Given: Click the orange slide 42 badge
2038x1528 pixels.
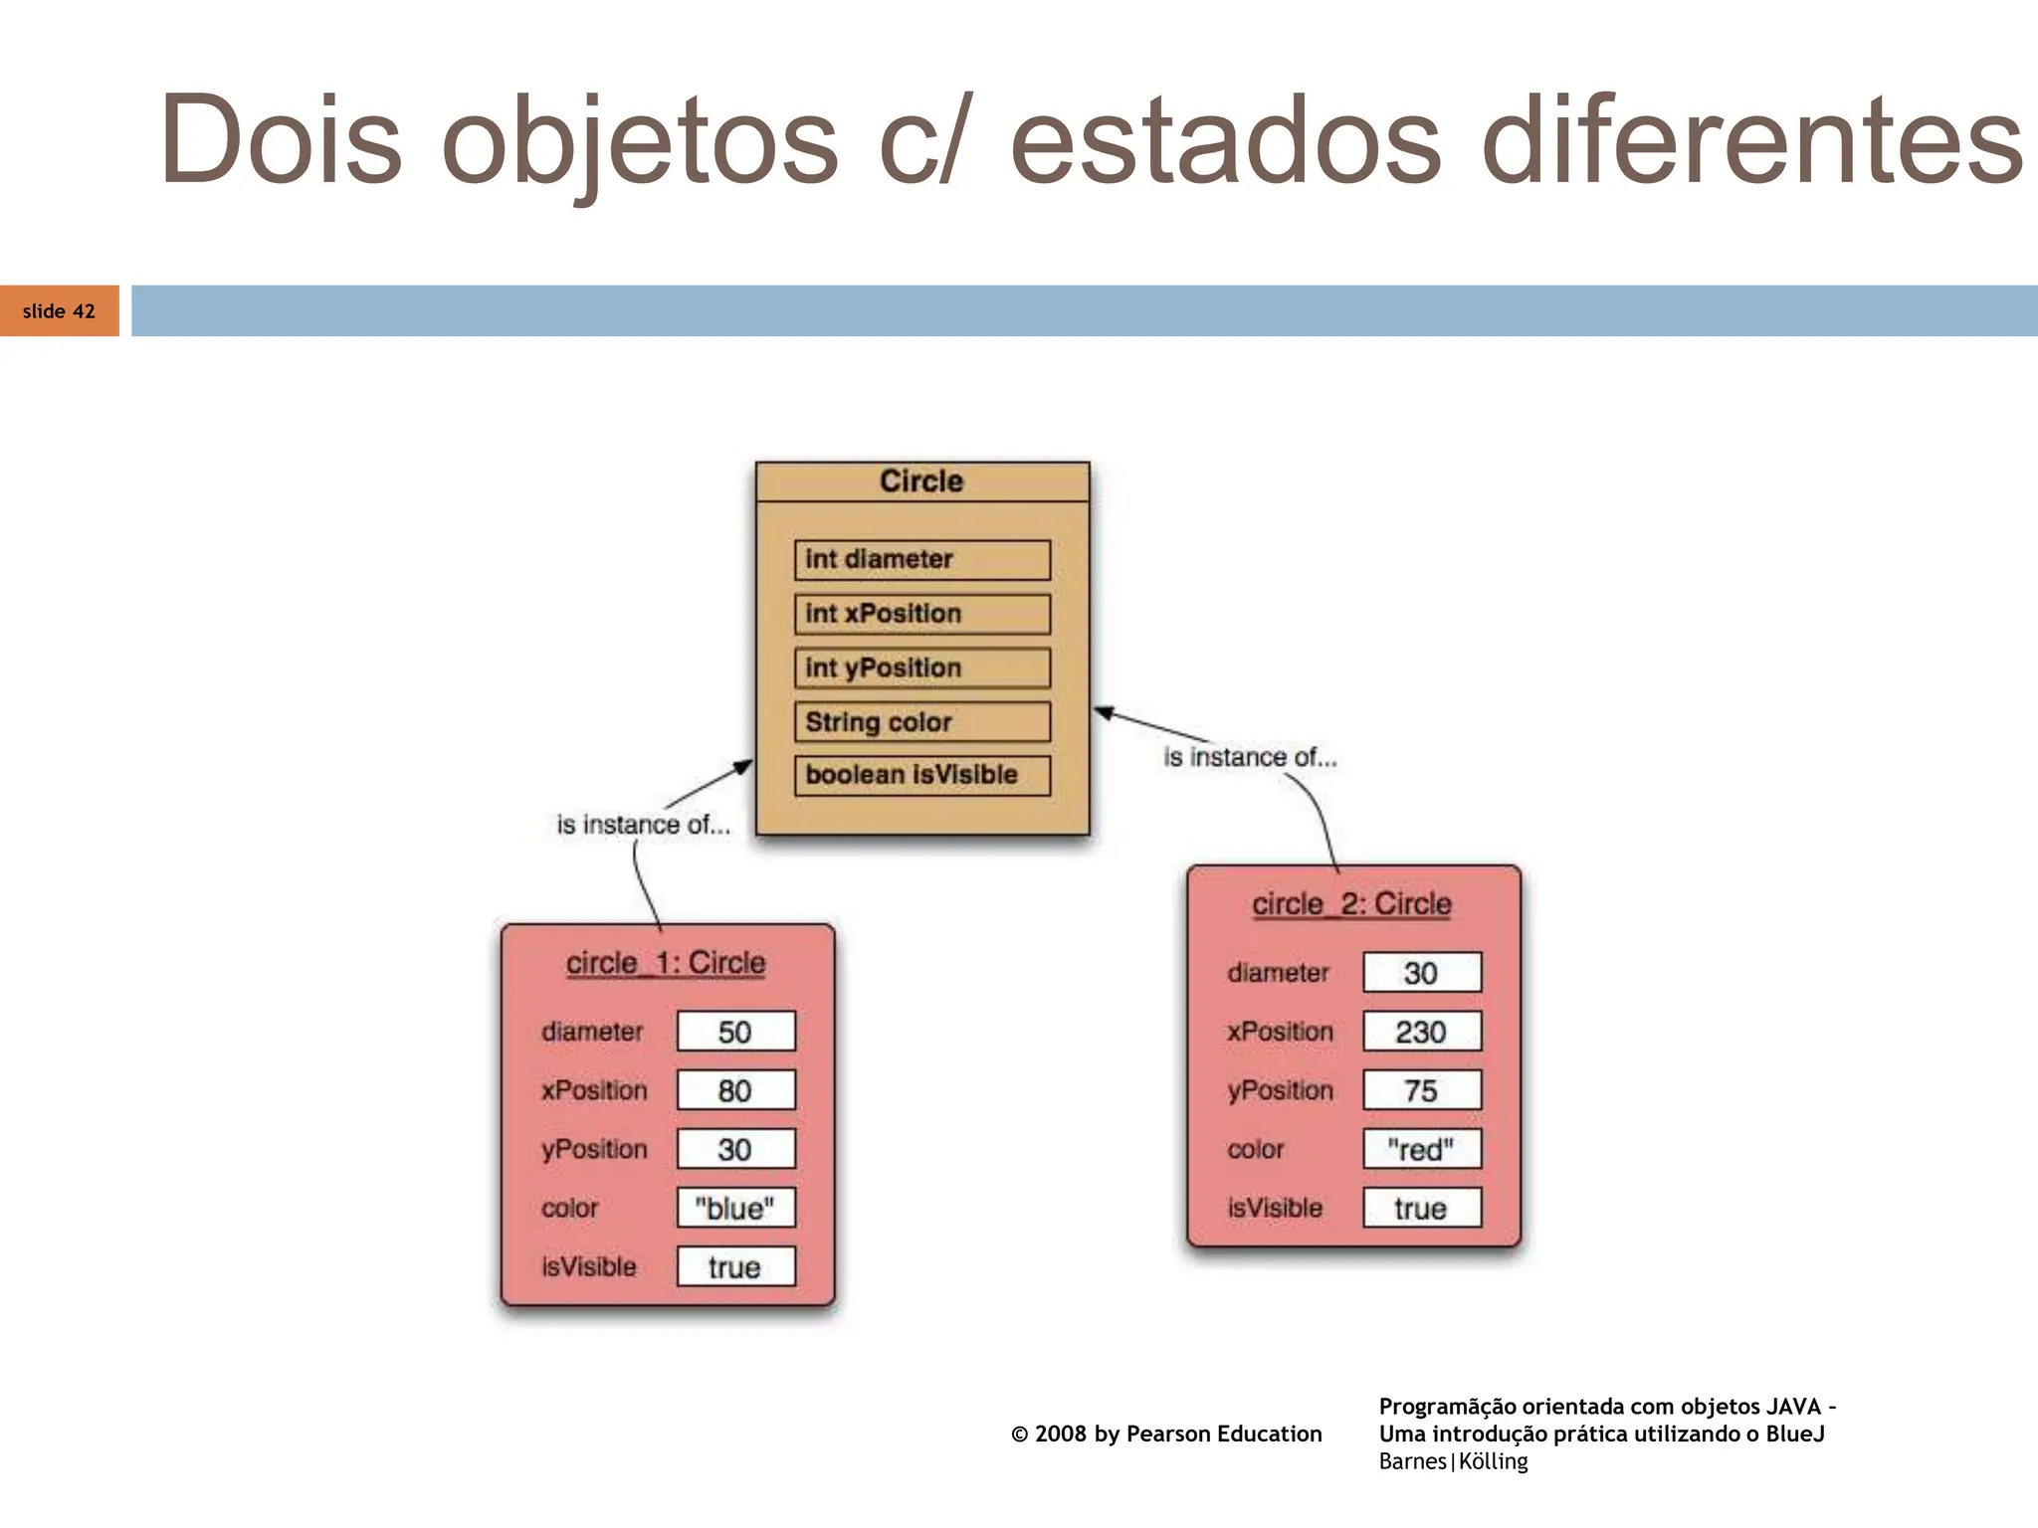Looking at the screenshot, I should pyautogui.click(x=59, y=311).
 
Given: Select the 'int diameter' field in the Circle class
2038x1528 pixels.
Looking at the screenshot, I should pyautogui.click(x=921, y=560).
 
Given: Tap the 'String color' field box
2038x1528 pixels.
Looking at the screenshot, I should pyautogui.click(x=921, y=722).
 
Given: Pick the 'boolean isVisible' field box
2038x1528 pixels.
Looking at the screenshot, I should pyautogui.click(x=921, y=776).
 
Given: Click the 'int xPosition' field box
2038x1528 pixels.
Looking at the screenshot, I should pyautogui.click(x=921, y=614).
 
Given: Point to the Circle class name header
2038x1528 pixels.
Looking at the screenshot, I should pyautogui.click(x=921, y=481).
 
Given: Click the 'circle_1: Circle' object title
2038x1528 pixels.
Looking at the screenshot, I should pyautogui.click(x=666, y=963).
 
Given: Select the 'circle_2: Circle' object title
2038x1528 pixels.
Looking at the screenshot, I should pyautogui.click(x=1351, y=904).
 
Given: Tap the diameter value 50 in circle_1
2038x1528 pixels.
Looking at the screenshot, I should pyautogui.click(x=735, y=1032).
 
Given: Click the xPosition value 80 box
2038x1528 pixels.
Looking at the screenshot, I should pyautogui.click(x=735, y=1090).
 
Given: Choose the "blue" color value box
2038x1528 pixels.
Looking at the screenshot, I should pyautogui.click(x=735, y=1208).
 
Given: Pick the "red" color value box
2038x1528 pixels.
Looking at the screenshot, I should pyautogui.click(x=1421, y=1149).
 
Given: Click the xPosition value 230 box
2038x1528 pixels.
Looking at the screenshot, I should pyautogui.click(x=1421, y=1032).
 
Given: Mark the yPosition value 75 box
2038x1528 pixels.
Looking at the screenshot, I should pyautogui.click(x=1421, y=1090).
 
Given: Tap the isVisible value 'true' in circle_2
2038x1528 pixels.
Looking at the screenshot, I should pyautogui.click(x=1421, y=1208).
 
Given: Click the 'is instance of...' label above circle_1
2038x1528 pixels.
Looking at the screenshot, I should pyautogui.click(x=643, y=825).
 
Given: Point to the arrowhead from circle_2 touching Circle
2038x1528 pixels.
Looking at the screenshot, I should pyautogui.click(x=1103, y=711).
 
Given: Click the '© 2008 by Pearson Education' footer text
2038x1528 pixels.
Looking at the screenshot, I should pyautogui.click(x=1166, y=1433).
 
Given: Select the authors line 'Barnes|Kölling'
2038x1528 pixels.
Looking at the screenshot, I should pyautogui.click(x=1453, y=1461).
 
